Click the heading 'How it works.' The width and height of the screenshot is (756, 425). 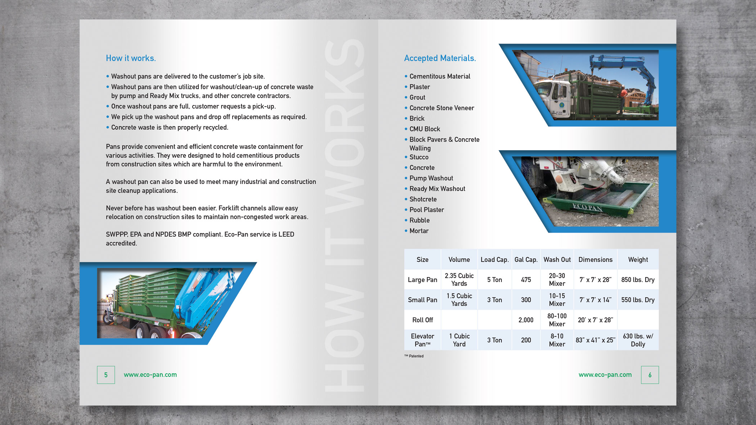point(131,58)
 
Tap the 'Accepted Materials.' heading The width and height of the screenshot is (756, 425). point(440,58)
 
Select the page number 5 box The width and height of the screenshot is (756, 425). point(106,375)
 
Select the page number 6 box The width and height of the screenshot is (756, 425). point(650,375)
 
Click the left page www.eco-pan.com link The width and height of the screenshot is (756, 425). point(150,375)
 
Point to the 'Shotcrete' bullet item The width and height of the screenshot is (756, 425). point(423,199)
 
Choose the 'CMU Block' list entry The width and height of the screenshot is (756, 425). point(424,129)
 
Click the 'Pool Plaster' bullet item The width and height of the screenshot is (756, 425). point(426,210)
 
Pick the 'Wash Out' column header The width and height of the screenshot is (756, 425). point(557,260)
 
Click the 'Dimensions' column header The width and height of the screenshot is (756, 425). point(595,260)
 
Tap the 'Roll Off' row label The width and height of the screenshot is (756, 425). point(422,320)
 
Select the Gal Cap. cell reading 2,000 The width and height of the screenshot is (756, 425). point(526,320)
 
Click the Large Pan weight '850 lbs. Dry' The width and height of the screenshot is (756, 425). point(638,280)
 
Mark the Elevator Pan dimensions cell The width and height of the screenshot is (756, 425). point(595,340)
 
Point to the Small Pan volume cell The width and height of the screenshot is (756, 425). point(459,300)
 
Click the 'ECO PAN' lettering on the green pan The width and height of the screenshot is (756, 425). point(587,207)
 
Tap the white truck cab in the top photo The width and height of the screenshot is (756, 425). point(551,97)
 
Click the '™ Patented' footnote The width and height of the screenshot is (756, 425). point(414,356)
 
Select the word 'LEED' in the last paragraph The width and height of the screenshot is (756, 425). point(286,234)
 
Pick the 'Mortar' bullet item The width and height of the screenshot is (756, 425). point(419,231)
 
